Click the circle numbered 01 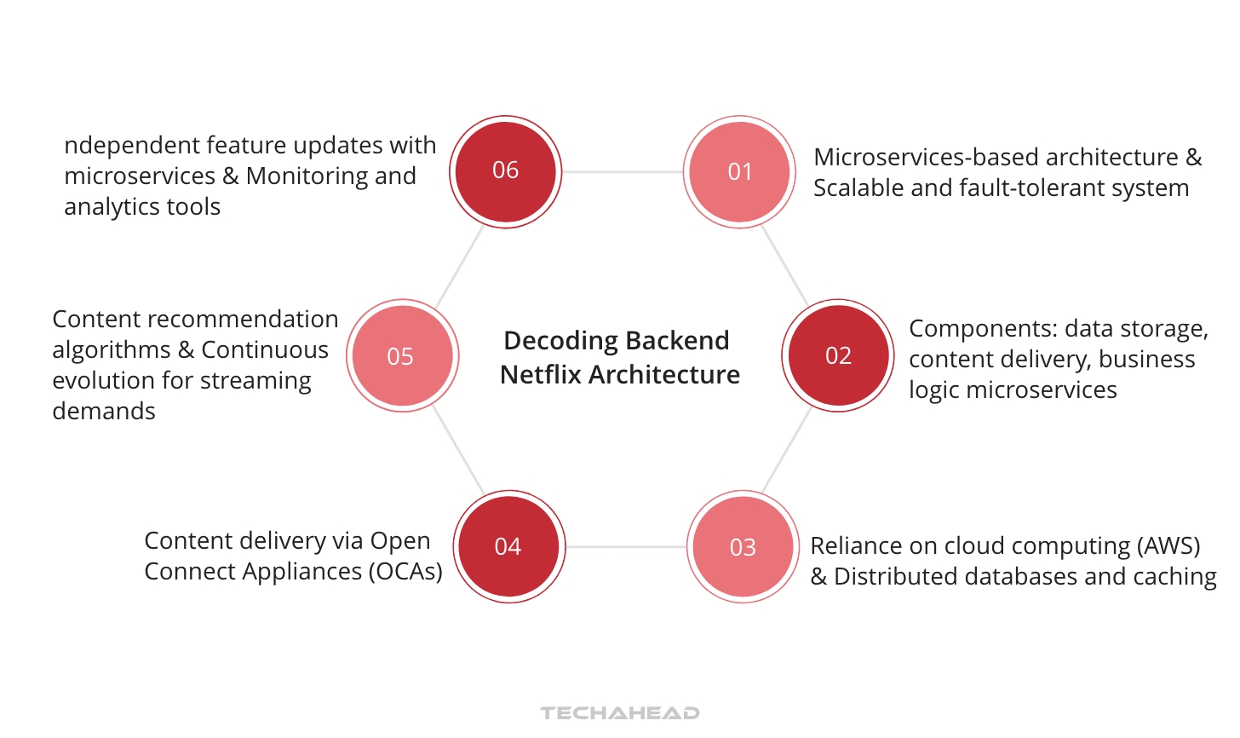pos(739,171)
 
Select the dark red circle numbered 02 pos(838,355)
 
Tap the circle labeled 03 pos(743,547)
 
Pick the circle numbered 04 pos(508,546)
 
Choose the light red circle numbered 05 pos(401,356)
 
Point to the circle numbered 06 pos(505,170)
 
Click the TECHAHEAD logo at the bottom pos(620,712)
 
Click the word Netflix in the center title pos(542,374)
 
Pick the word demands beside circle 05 pos(104,411)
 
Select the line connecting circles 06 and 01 pos(622,171)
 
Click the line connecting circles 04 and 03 pos(626,546)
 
